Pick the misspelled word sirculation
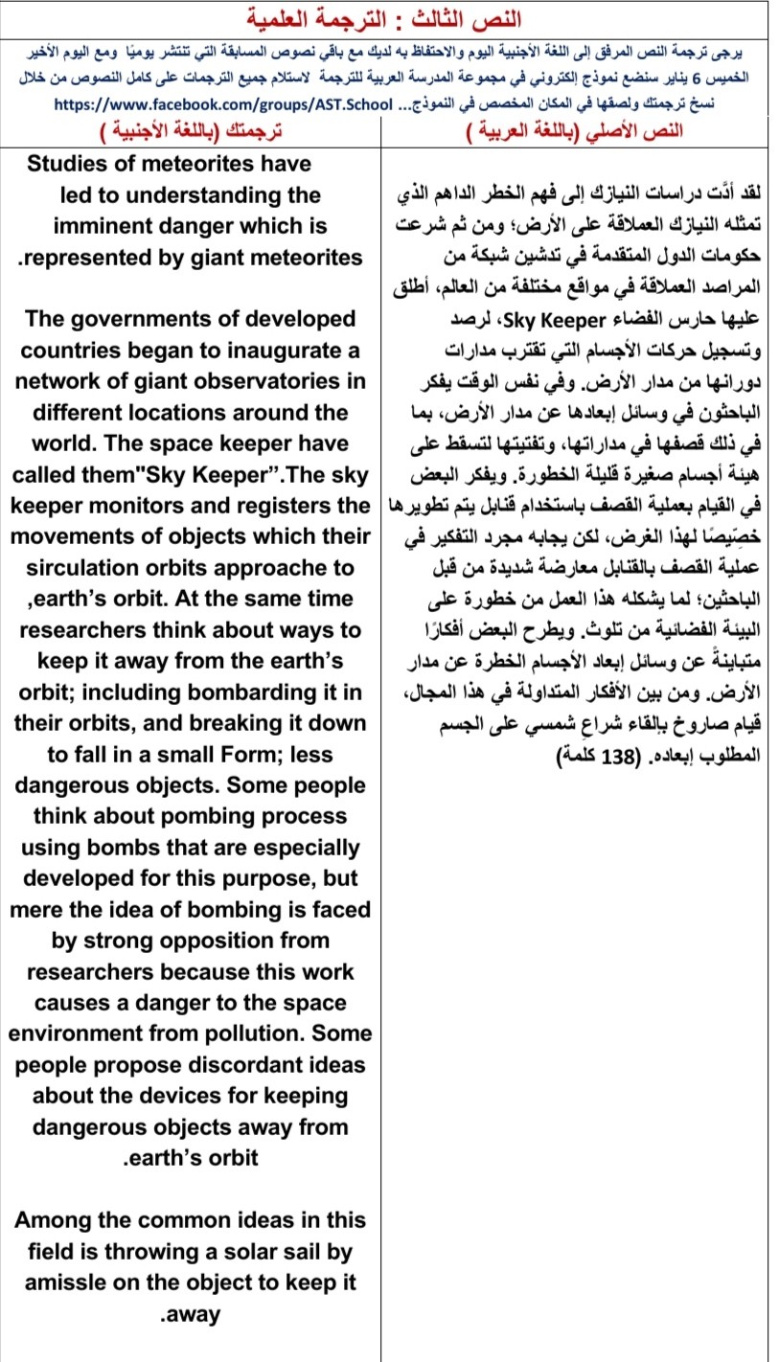click(x=89, y=568)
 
